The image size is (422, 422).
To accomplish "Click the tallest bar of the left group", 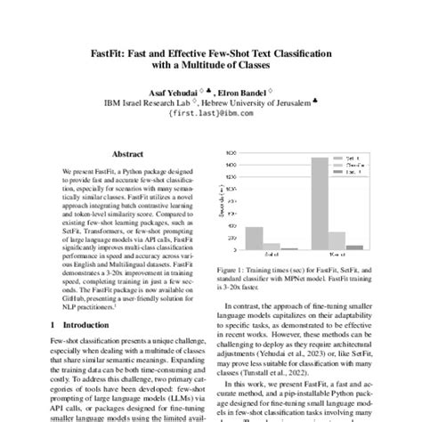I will pos(253,239).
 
